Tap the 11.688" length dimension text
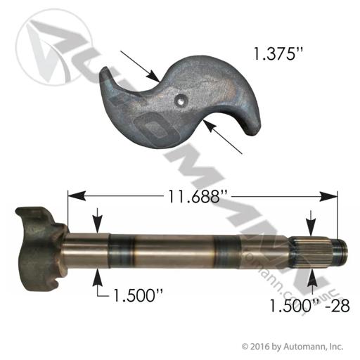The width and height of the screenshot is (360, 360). pyautogui.click(x=195, y=197)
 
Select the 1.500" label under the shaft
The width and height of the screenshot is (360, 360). pyautogui.click(x=138, y=295)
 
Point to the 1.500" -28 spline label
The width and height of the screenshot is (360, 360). pyautogui.click(x=310, y=306)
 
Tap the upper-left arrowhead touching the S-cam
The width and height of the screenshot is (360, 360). pyautogui.click(x=153, y=77)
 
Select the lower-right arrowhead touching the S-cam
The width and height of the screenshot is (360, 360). pyautogui.click(x=210, y=125)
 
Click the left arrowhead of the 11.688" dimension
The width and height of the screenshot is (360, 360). pyautogui.click(x=77, y=196)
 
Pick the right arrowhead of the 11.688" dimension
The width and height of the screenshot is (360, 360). pyautogui.click(x=328, y=196)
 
